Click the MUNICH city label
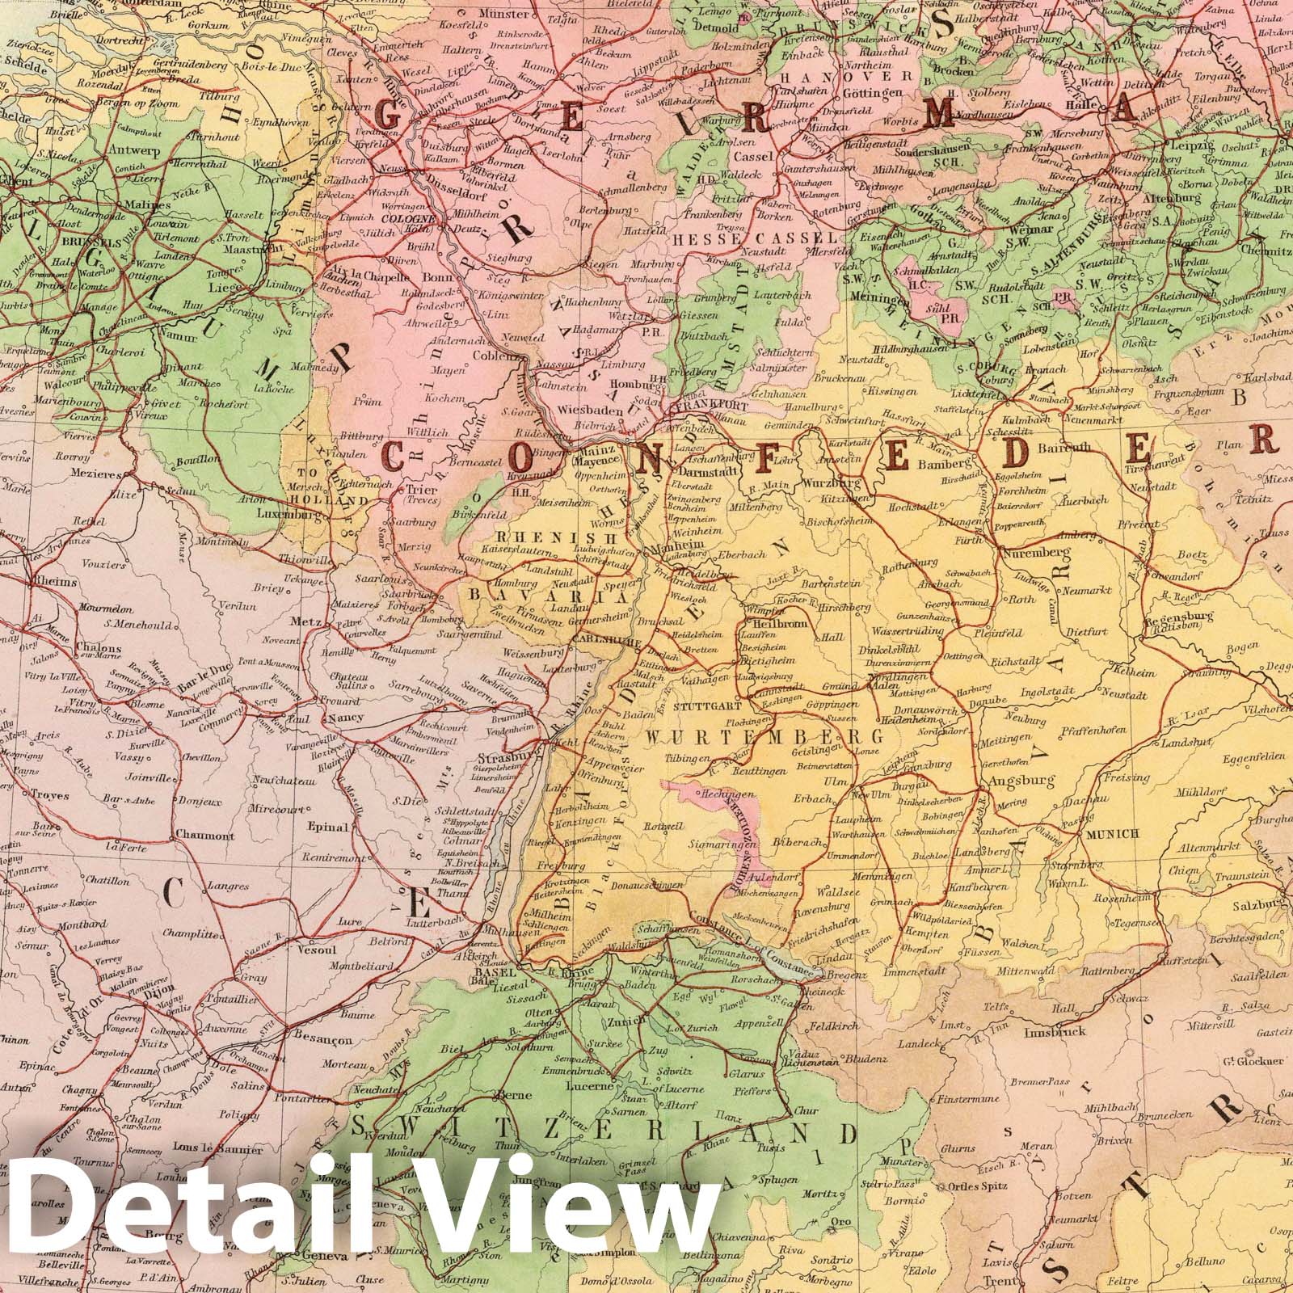coord(1114,833)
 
